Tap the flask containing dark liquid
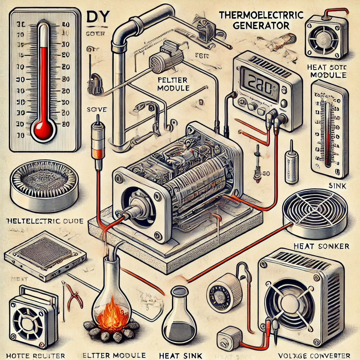point(180,316)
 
